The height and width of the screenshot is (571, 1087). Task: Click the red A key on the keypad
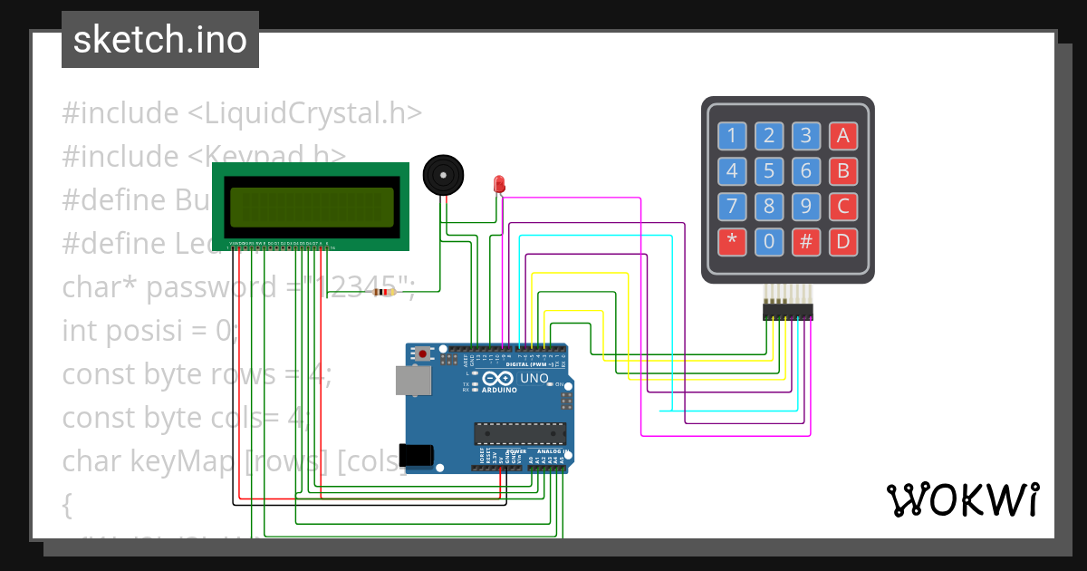tap(842, 136)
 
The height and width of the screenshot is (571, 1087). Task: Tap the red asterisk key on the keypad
tap(732, 241)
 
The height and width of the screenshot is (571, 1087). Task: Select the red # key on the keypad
tap(805, 241)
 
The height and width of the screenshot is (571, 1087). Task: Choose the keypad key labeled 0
tap(769, 241)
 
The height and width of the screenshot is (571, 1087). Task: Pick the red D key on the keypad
tap(842, 241)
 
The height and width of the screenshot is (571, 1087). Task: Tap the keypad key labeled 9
tap(805, 206)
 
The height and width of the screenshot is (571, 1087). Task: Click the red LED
tap(498, 184)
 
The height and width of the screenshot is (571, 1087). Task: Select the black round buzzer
tap(444, 175)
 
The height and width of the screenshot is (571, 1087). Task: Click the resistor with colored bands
tap(386, 292)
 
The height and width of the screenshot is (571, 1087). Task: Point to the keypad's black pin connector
tap(787, 312)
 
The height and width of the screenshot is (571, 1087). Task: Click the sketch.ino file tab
tap(160, 40)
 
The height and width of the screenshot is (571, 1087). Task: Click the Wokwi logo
tap(962, 499)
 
